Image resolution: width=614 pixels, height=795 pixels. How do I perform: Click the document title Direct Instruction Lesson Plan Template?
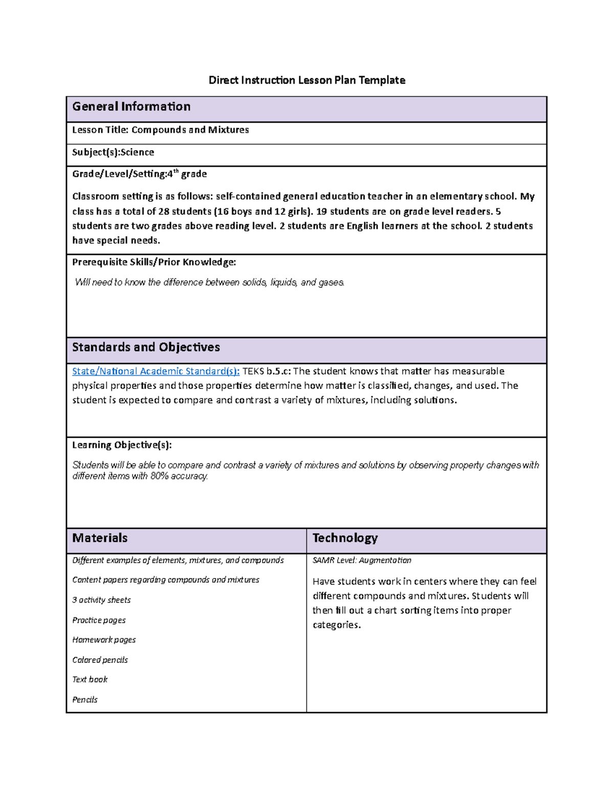click(x=306, y=80)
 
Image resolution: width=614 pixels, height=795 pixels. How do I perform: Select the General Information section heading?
click(x=131, y=106)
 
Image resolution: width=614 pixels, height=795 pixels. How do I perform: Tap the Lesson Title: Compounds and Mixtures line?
click(x=160, y=130)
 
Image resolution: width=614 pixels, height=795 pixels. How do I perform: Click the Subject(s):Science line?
click(x=113, y=152)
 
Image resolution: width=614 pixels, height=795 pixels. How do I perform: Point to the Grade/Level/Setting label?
click(x=119, y=174)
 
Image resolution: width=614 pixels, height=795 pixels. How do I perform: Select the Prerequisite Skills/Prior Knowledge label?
click(x=153, y=262)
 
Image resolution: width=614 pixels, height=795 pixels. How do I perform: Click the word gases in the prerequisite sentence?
click(x=331, y=282)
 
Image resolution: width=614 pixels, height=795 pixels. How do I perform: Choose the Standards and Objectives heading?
click(x=146, y=347)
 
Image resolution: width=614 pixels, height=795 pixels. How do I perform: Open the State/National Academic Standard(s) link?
click(x=156, y=371)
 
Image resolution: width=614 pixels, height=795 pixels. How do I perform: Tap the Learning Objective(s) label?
click(x=122, y=445)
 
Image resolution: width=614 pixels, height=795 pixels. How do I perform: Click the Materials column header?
click(x=100, y=538)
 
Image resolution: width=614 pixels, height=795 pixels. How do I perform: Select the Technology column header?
click(x=345, y=538)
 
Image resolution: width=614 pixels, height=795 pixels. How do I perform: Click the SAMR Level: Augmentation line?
click(x=362, y=561)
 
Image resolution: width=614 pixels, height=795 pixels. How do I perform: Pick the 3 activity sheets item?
click(x=101, y=600)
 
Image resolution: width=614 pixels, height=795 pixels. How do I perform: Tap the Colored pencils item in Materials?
click(x=100, y=660)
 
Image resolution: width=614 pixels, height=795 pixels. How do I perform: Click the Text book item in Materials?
click(x=90, y=679)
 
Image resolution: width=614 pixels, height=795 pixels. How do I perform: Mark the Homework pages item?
click(x=104, y=640)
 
